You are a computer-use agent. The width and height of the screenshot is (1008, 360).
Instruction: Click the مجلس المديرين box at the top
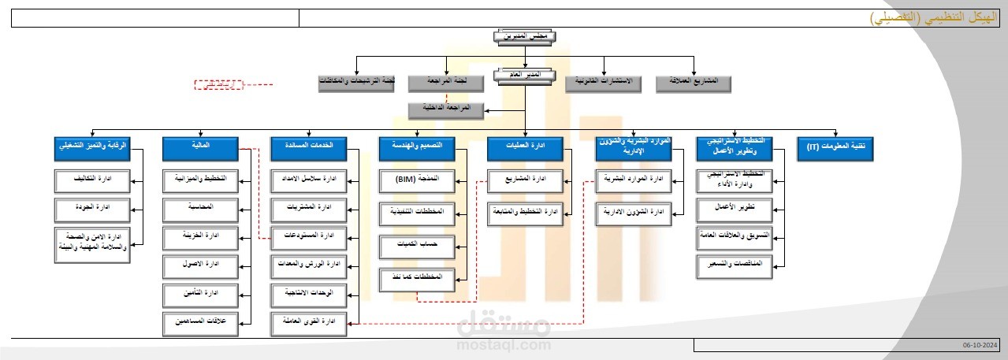(525, 35)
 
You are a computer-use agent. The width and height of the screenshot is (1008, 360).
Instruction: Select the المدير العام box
(525, 76)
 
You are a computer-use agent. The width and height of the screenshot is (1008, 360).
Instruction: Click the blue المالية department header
(199, 147)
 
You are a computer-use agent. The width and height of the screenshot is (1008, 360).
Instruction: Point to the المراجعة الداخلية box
(447, 110)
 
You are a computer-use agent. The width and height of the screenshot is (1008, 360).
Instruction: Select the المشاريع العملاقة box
(694, 82)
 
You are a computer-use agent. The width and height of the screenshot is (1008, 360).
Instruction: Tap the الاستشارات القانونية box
(604, 82)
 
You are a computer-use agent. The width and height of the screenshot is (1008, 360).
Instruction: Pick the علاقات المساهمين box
(199, 322)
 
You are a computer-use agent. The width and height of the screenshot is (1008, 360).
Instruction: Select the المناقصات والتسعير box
(735, 266)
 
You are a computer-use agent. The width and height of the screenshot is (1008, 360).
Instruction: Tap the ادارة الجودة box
(93, 210)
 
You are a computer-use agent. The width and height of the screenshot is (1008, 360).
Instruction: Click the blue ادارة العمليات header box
(525, 147)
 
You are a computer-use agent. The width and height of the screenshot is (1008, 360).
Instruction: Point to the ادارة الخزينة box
(199, 236)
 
